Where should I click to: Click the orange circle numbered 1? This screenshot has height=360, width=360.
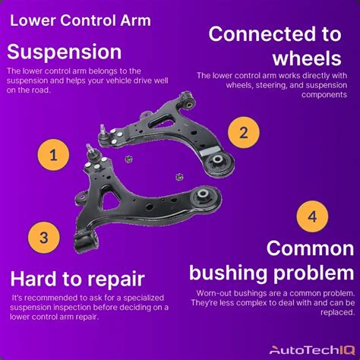point(53,155)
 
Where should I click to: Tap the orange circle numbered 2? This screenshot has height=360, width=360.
point(244,132)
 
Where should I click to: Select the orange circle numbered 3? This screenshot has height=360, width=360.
point(44,238)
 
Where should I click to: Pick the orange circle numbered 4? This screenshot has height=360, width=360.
point(312,216)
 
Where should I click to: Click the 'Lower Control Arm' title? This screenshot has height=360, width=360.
point(81,21)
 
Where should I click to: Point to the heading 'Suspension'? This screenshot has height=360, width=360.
point(65,52)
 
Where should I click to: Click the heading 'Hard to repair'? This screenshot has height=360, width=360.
point(77,279)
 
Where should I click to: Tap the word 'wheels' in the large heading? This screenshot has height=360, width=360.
point(307,58)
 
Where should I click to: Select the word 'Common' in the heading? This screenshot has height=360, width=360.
point(310,248)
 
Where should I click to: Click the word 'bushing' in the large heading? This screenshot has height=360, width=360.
point(228,273)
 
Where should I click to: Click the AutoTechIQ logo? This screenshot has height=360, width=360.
point(312,350)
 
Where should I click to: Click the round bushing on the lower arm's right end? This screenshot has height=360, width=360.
point(204,196)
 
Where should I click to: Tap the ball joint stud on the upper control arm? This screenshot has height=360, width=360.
point(103,130)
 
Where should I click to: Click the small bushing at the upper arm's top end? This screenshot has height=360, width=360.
point(188,101)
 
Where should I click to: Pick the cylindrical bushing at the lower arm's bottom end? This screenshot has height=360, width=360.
point(85,242)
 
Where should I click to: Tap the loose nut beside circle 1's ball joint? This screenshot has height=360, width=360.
point(129,159)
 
